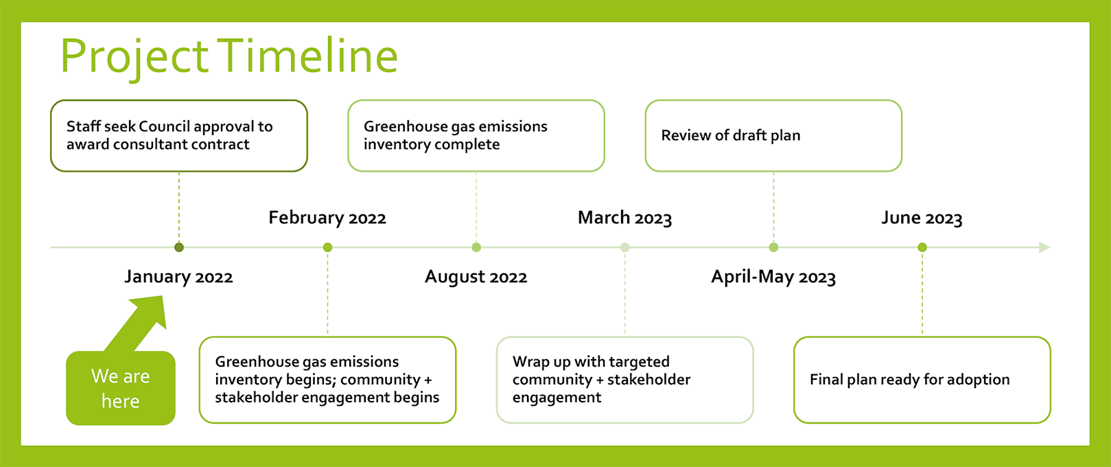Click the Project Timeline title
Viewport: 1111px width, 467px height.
click(x=229, y=57)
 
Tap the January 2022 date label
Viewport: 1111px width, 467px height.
click(x=178, y=277)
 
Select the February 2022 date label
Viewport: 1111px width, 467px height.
click(x=327, y=218)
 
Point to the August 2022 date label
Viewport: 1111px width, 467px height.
click(x=476, y=277)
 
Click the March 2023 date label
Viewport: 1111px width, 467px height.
click(x=625, y=218)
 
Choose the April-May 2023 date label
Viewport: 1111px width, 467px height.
click(x=774, y=277)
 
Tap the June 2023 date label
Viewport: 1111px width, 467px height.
click(x=922, y=218)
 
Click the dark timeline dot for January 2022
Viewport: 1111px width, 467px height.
click(x=179, y=247)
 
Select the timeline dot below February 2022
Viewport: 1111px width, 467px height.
click(x=327, y=247)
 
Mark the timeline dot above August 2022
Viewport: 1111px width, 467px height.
click(x=476, y=247)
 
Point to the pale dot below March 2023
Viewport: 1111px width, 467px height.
click(x=625, y=247)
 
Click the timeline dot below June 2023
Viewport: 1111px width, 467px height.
click(x=922, y=247)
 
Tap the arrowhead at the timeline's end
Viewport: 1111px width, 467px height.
click(x=1044, y=247)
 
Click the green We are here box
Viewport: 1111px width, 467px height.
click(x=121, y=388)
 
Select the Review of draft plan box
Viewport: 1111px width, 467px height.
click(x=773, y=135)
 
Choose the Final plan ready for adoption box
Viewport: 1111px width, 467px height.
click(x=922, y=380)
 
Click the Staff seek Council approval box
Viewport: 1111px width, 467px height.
click(x=179, y=135)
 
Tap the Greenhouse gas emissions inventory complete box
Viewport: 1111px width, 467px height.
click(x=476, y=135)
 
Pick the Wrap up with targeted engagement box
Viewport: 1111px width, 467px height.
click(x=625, y=380)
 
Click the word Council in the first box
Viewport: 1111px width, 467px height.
click(x=164, y=126)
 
